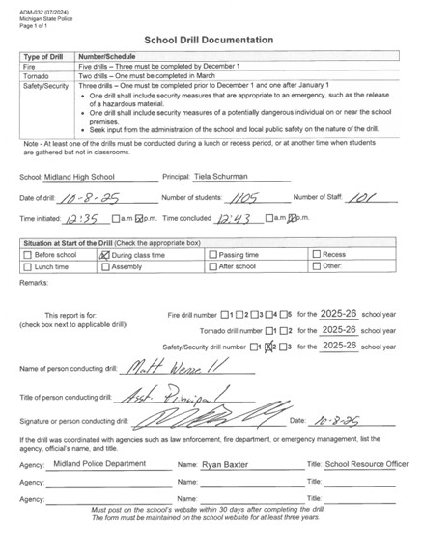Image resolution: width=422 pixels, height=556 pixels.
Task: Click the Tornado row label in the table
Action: (x=37, y=76)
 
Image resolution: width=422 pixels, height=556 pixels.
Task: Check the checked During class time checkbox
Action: (x=105, y=255)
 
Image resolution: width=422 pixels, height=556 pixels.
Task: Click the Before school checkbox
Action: (x=27, y=255)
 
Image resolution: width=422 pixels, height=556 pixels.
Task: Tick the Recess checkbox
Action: (x=317, y=255)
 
